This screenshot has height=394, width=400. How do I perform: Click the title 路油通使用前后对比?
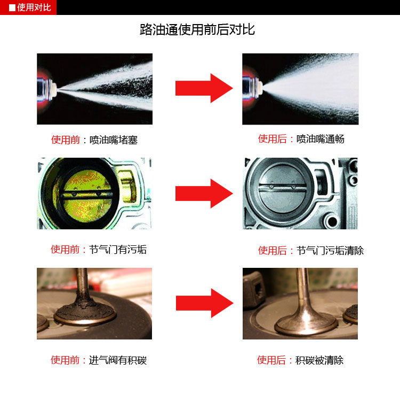tap(197, 29)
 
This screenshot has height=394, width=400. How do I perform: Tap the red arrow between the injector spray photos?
tap(204, 88)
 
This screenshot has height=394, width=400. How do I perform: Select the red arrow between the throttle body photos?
tap(204, 194)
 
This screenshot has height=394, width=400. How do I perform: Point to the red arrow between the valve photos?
tap(205, 303)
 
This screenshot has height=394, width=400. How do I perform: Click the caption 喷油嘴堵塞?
tap(114, 140)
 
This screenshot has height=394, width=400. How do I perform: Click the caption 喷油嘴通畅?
tap(321, 139)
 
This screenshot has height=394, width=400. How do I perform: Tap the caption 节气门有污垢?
tap(118, 250)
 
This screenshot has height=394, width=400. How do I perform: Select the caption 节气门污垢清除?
tap(330, 251)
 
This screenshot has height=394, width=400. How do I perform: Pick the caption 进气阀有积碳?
tap(118, 360)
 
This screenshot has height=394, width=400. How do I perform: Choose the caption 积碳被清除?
tap(319, 360)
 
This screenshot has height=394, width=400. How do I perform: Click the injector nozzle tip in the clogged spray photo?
tap(54, 88)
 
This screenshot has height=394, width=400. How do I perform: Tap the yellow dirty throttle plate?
tap(87, 195)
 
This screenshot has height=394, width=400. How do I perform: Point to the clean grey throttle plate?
tap(282, 189)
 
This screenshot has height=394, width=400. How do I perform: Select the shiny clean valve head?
tap(306, 324)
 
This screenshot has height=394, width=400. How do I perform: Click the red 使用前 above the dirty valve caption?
tap(65, 360)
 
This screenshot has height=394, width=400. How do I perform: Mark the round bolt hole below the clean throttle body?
tap(333, 221)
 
